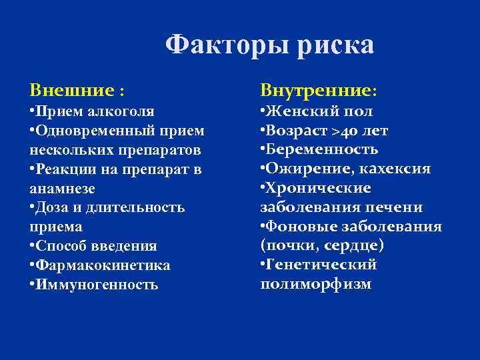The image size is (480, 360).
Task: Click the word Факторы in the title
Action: click(219, 45)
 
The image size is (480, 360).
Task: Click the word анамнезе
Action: click(59, 188)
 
